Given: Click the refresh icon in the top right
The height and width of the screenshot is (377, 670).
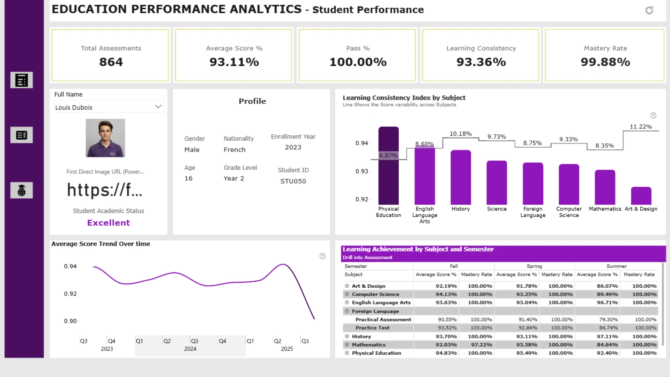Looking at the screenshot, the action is [x=649, y=10].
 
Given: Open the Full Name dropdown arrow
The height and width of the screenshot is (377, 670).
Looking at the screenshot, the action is [x=158, y=106].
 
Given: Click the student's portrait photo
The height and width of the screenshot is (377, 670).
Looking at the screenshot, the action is [x=105, y=138].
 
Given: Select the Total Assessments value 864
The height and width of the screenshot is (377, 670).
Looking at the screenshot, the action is [x=111, y=62].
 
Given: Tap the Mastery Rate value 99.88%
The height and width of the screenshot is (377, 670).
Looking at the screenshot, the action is [x=605, y=62].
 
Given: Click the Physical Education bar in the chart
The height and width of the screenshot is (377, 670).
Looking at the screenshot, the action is [x=388, y=165].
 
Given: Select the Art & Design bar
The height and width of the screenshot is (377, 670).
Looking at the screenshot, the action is [x=641, y=196].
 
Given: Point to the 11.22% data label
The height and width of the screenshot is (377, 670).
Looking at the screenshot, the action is [x=641, y=127].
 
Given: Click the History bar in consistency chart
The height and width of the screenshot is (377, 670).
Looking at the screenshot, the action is [x=461, y=177].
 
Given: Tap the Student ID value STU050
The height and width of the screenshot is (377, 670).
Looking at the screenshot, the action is [x=293, y=181].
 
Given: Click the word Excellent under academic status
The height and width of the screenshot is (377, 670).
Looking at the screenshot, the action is [x=109, y=223].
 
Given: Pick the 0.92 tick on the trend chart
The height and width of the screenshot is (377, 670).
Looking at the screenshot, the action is [x=70, y=294].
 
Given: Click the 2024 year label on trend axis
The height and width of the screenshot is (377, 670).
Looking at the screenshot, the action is [x=190, y=349].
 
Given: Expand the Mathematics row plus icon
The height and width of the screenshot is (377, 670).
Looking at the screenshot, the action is [x=347, y=345].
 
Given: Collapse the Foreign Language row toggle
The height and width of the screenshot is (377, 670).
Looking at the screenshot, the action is [x=347, y=311].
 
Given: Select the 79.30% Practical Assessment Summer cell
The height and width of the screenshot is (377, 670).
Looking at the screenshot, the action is [x=608, y=319].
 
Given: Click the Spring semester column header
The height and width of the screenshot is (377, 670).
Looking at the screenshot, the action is [x=534, y=266].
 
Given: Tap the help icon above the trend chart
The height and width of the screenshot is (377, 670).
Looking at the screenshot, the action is [x=322, y=256].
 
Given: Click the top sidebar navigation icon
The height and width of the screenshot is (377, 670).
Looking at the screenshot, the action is [x=22, y=80].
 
